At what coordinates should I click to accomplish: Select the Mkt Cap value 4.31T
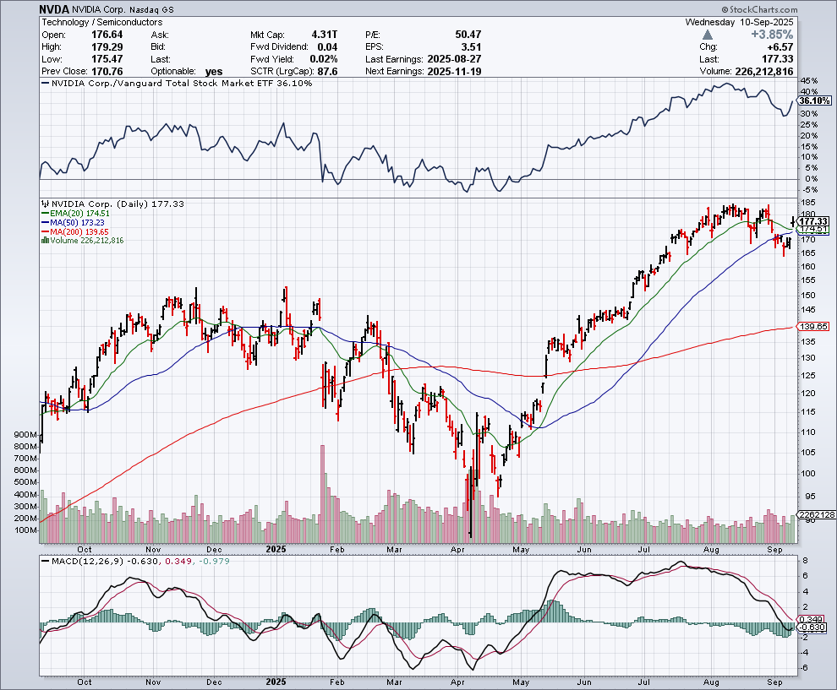325,35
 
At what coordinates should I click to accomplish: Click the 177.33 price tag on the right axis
812,221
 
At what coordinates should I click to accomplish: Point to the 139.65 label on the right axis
812,326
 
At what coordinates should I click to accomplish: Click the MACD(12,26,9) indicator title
81,561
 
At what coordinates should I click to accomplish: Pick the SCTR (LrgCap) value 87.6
328,71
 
